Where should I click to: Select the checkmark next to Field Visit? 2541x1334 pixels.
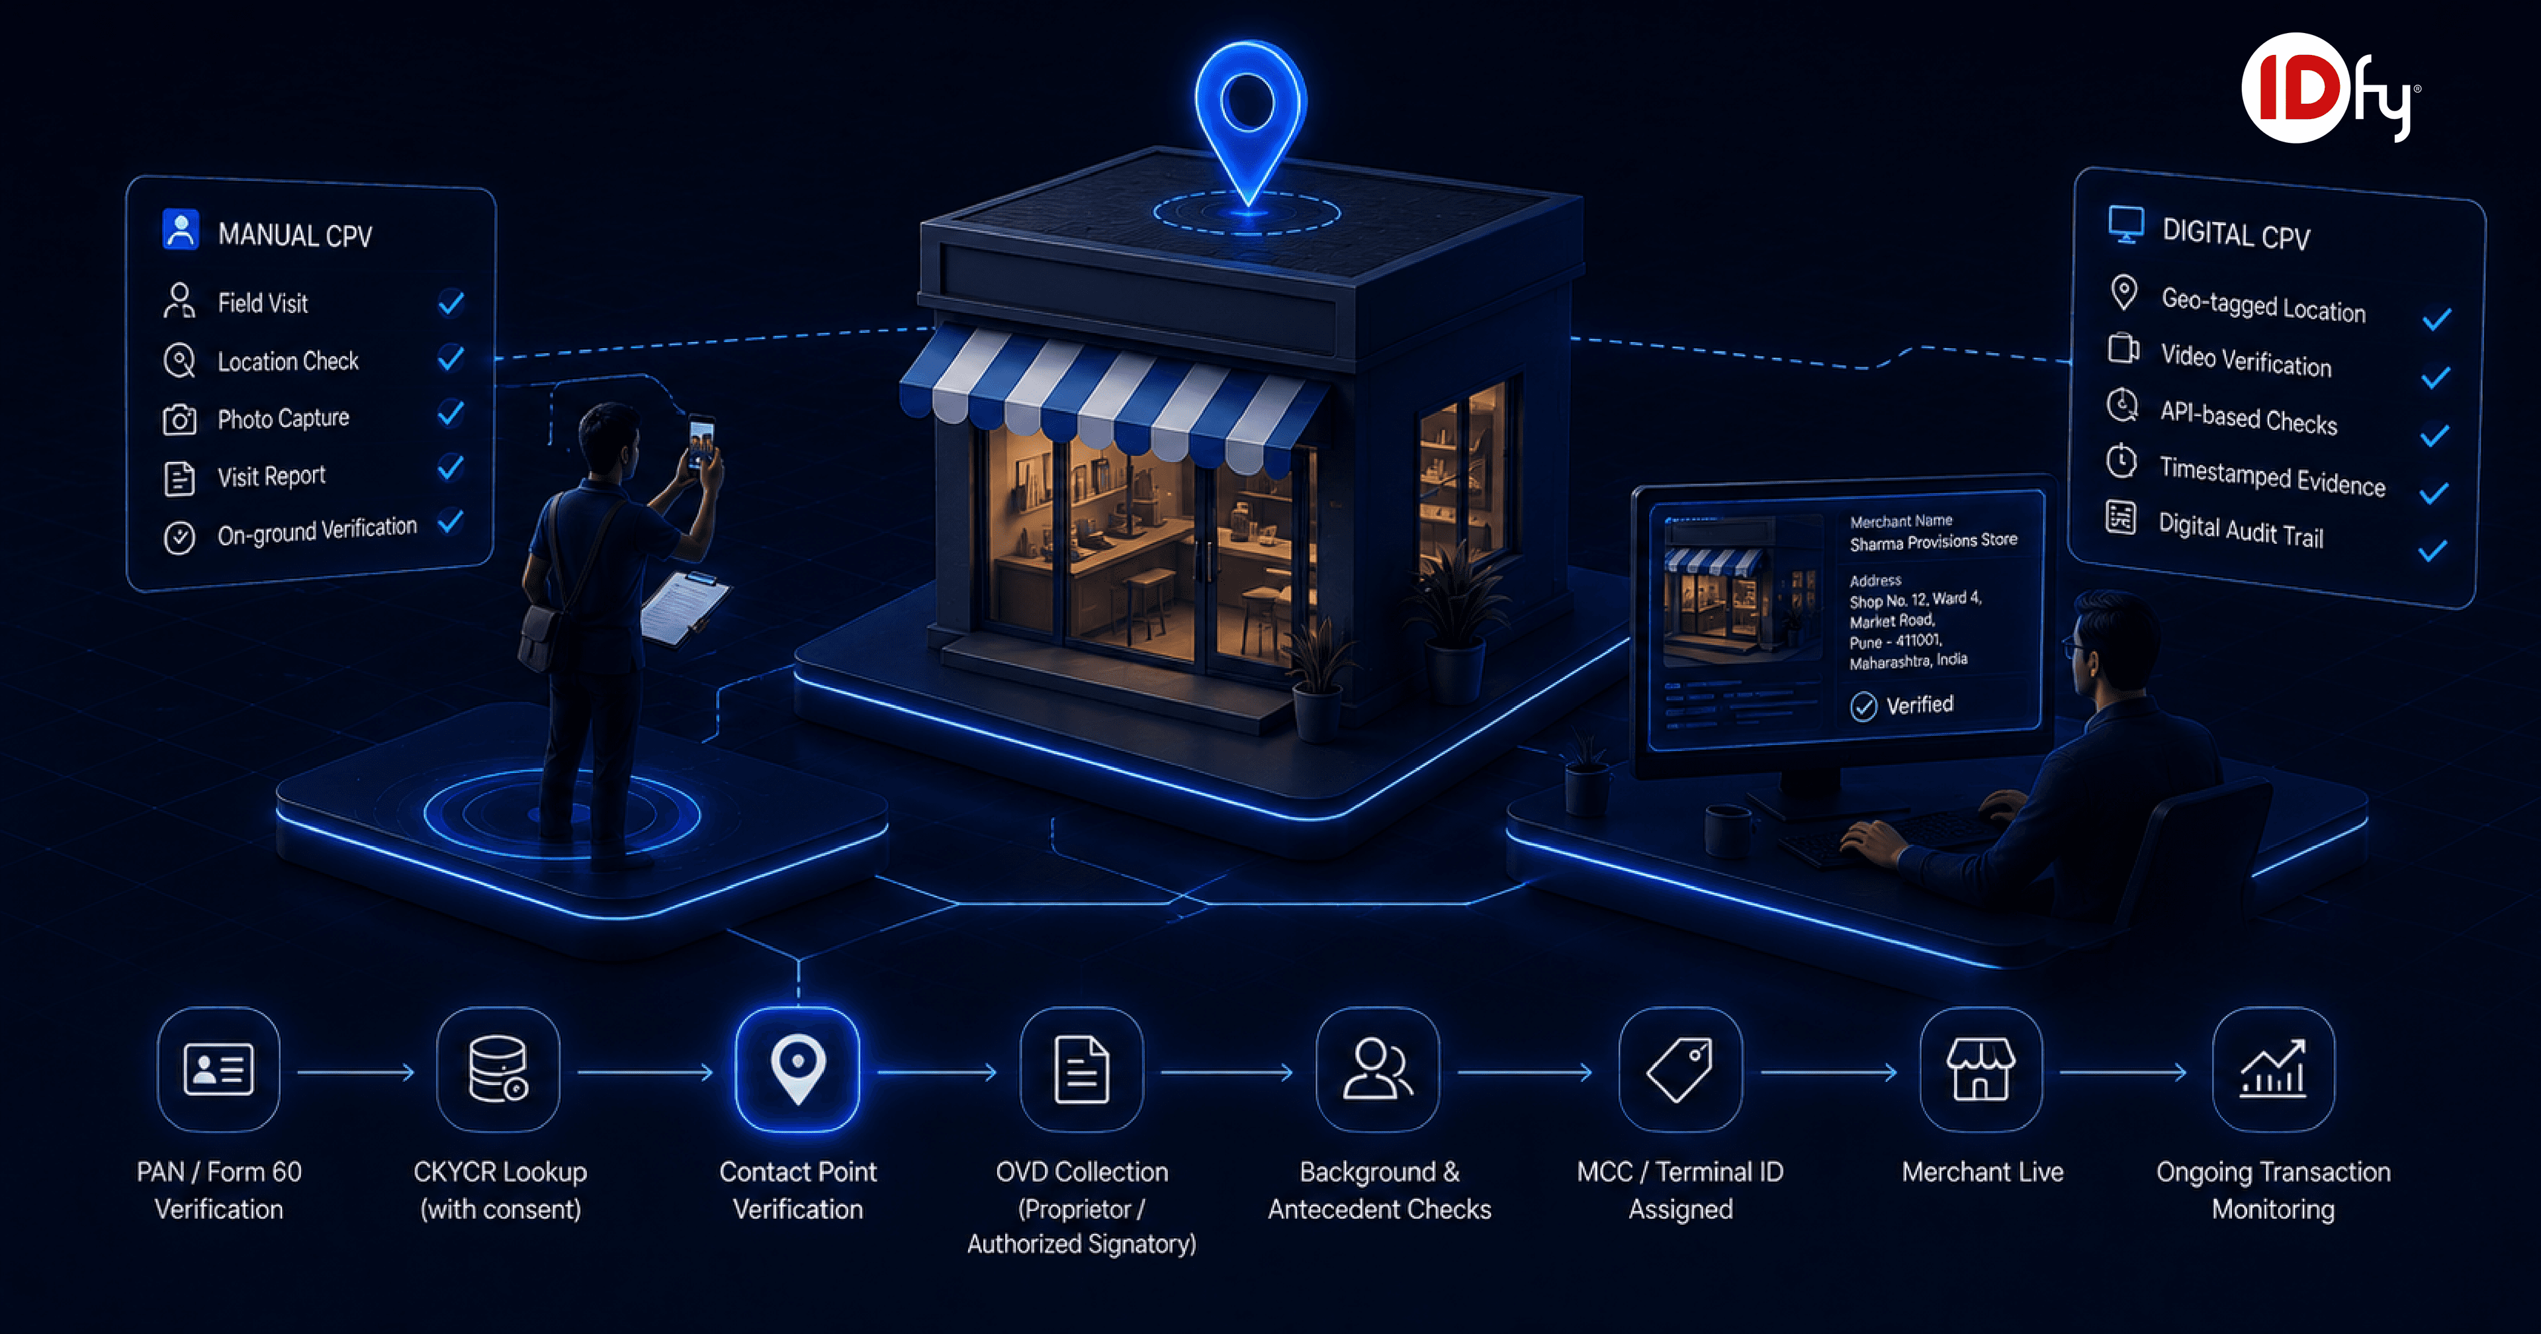[x=451, y=302]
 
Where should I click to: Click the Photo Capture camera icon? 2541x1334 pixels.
[x=179, y=420]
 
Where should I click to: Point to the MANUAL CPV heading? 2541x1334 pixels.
[x=295, y=235]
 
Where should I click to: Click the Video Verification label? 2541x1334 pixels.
[x=2246, y=360]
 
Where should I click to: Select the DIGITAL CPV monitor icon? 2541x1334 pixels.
[x=2125, y=224]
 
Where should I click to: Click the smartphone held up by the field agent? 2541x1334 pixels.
[x=701, y=441]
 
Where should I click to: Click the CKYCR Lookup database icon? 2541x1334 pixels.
[x=498, y=1069]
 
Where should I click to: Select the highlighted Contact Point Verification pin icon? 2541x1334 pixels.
[x=798, y=1069]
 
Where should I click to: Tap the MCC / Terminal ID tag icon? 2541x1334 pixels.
[x=1680, y=1069]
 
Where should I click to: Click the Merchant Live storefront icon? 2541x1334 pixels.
[x=1981, y=1069]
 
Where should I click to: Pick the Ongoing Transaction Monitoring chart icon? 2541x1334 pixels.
[x=2273, y=1069]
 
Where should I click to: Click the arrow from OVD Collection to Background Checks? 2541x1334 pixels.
[x=1227, y=1071]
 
